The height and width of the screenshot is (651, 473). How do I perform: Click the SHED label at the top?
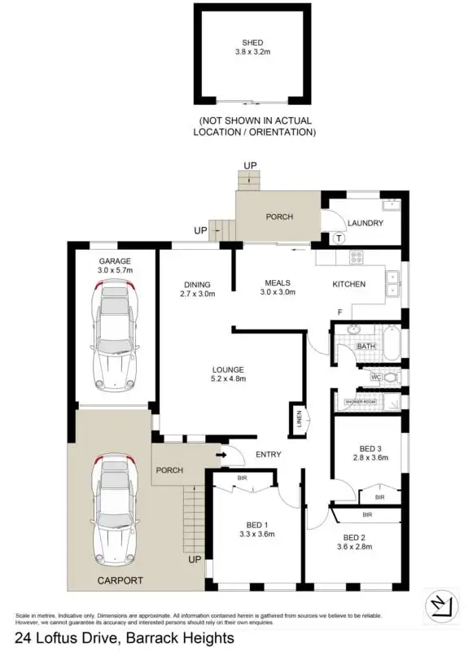coord(252,43)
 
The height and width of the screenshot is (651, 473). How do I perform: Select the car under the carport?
coord(115,500)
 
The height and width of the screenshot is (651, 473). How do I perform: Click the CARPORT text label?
coord(120,580)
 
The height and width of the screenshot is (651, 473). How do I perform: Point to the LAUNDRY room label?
coord(365,223)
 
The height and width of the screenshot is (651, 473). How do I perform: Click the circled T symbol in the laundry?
coord(339,238)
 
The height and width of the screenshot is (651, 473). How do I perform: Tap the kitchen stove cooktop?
coord(356,258)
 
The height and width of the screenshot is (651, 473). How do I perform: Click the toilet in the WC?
coord(390,378)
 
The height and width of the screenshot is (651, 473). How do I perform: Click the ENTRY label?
coord(269,454)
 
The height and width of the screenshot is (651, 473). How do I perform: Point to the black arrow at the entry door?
coord(221,454)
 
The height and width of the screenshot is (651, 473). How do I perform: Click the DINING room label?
coord(197,284)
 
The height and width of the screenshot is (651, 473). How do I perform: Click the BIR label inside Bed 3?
coord(379,496)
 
